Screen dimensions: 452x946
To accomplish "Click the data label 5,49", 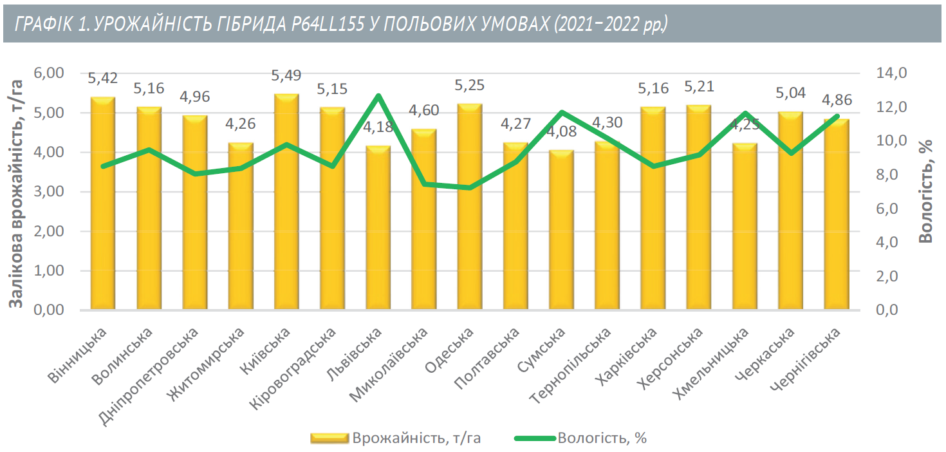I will click(x=286, y=76).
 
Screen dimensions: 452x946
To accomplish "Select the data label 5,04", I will click(x=791, y=93).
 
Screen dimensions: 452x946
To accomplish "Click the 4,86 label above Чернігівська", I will click(x=837, y=100).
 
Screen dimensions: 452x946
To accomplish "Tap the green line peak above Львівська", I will click(x=378, y=97).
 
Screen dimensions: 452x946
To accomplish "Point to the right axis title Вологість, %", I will click(x=925, y=193).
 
